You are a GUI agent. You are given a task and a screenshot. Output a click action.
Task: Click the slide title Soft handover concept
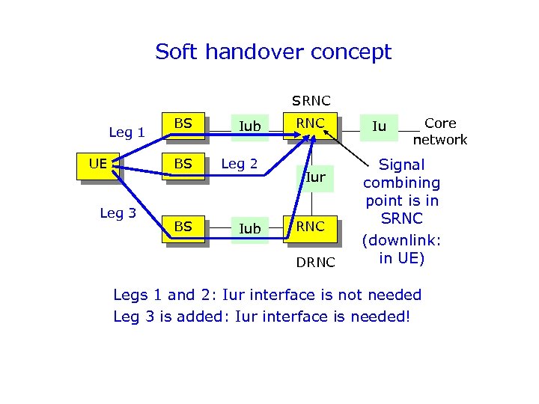pos(273,52)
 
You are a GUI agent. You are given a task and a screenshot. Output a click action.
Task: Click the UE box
pos(97,164)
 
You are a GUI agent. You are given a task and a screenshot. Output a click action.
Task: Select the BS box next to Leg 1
pos(183,123)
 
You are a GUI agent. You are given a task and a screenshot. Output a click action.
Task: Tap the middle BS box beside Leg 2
pos(183,164)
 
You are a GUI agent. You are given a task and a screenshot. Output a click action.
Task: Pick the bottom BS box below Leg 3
pos(183,227)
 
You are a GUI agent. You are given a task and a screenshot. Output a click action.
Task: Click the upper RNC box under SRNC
pos(310,123)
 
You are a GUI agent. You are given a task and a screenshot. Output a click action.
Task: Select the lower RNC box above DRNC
pos(310,227)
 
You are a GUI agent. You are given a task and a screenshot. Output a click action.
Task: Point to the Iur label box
pos(314,177)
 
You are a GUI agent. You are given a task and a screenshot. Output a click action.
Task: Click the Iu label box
pos(380,126)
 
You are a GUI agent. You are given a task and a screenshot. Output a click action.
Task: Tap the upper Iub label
pos(249,127)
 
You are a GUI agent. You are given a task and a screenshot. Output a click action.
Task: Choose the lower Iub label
pos(249,228)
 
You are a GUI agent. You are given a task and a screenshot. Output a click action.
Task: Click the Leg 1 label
pos(127,132)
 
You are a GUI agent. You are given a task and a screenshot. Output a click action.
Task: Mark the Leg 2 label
pos(240,164)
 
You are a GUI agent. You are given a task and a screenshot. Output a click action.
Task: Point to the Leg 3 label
pos(118,212)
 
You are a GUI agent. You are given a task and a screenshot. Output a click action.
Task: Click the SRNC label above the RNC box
pos(311,100)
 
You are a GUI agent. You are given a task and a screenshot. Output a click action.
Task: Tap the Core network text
pos(440,132)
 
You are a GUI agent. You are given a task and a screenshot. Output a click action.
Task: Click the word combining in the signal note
pos(402,183)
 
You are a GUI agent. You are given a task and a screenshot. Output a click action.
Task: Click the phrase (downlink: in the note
pos(402,241)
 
